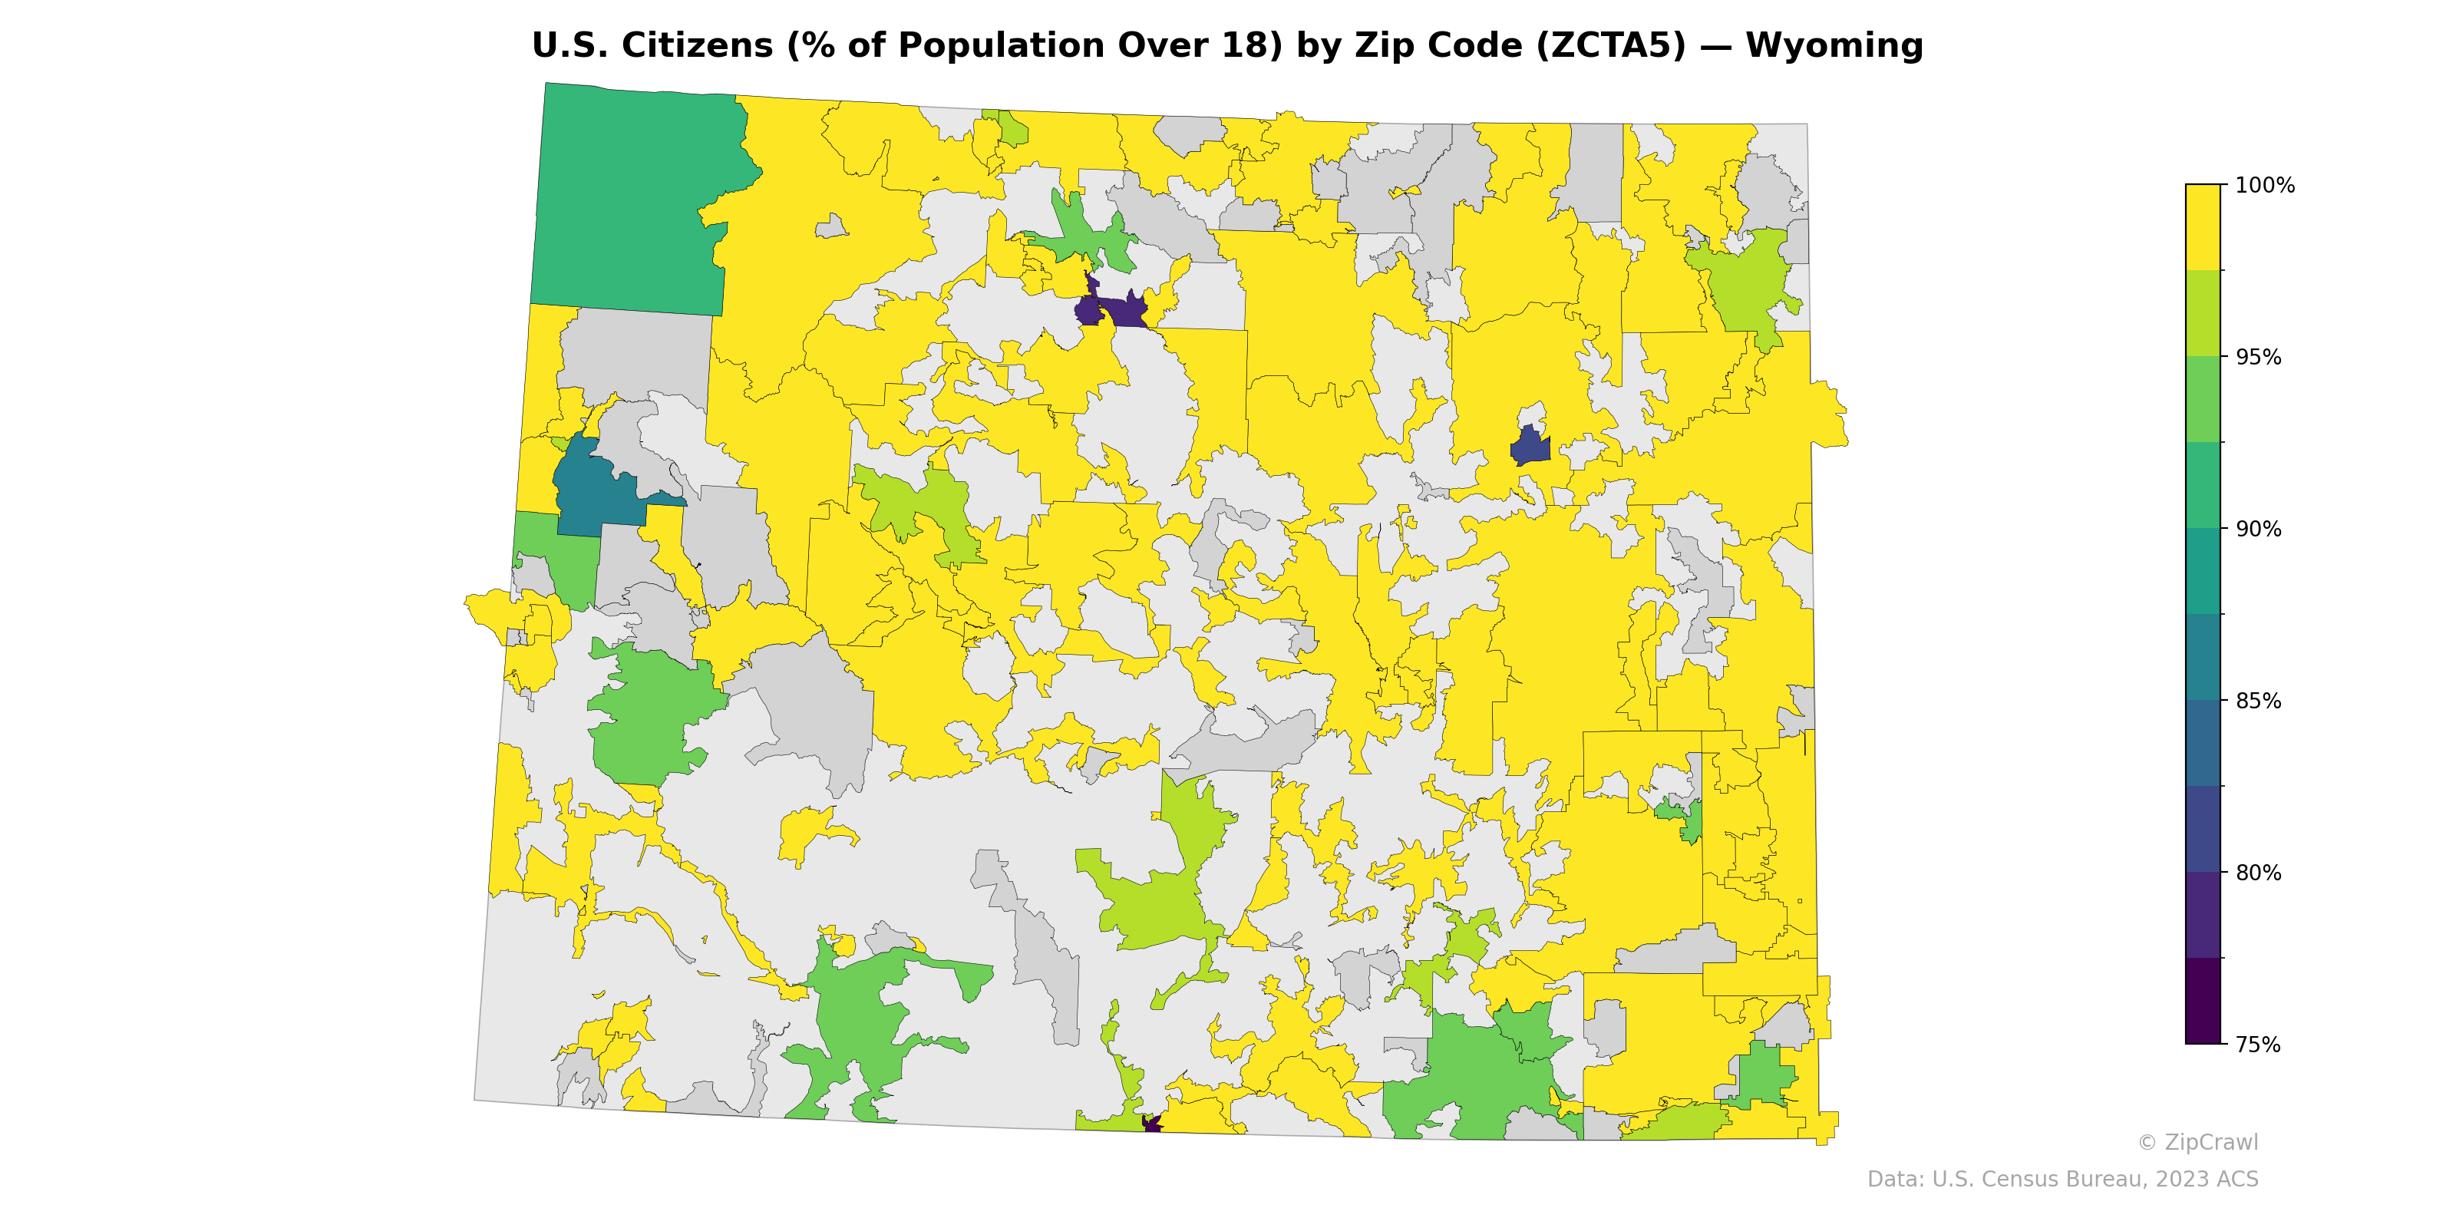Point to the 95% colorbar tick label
pos(2259,358)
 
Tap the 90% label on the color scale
pos(2259,529)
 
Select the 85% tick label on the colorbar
pos(2259,701)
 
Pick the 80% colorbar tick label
pos(2259,873)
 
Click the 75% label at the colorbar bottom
pos(2259,1045)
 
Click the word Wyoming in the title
pos(1834,46)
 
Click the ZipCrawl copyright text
pos(2197,1142)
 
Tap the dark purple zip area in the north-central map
pos(1115,311)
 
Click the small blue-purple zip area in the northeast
pos(1530,446)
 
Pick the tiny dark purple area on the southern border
pos(1152,1124)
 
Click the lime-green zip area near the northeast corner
pos(1745,281)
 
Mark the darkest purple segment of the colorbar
pos(2203,1001)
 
